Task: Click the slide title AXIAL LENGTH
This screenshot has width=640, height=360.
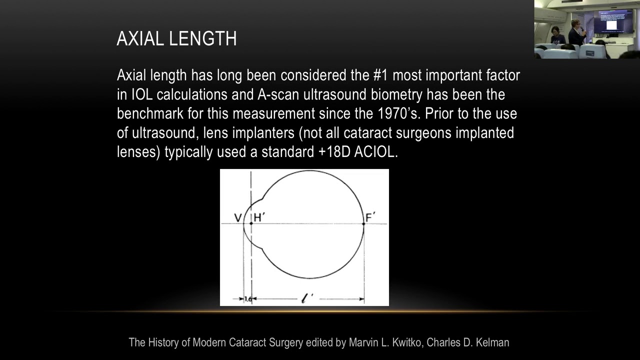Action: pos(176,39)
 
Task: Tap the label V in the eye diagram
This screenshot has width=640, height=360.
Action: pos(238,218)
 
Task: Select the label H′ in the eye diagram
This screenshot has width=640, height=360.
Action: pos(259,217)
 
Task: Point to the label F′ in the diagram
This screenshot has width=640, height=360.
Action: pos(370,217)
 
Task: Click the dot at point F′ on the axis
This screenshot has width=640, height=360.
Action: pos(363,223)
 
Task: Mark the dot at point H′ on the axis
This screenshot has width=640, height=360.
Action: pos(251,223)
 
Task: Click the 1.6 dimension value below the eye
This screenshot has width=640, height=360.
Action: pos(247,299)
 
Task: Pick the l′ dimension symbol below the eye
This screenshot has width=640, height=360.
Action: pos(307,298)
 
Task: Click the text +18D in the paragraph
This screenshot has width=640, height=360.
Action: pos(334,152)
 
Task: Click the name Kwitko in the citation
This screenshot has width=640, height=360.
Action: pos(407,342)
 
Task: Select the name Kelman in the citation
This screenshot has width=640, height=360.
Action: pos(493,342)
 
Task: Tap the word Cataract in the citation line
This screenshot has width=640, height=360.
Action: pos(247,342)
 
